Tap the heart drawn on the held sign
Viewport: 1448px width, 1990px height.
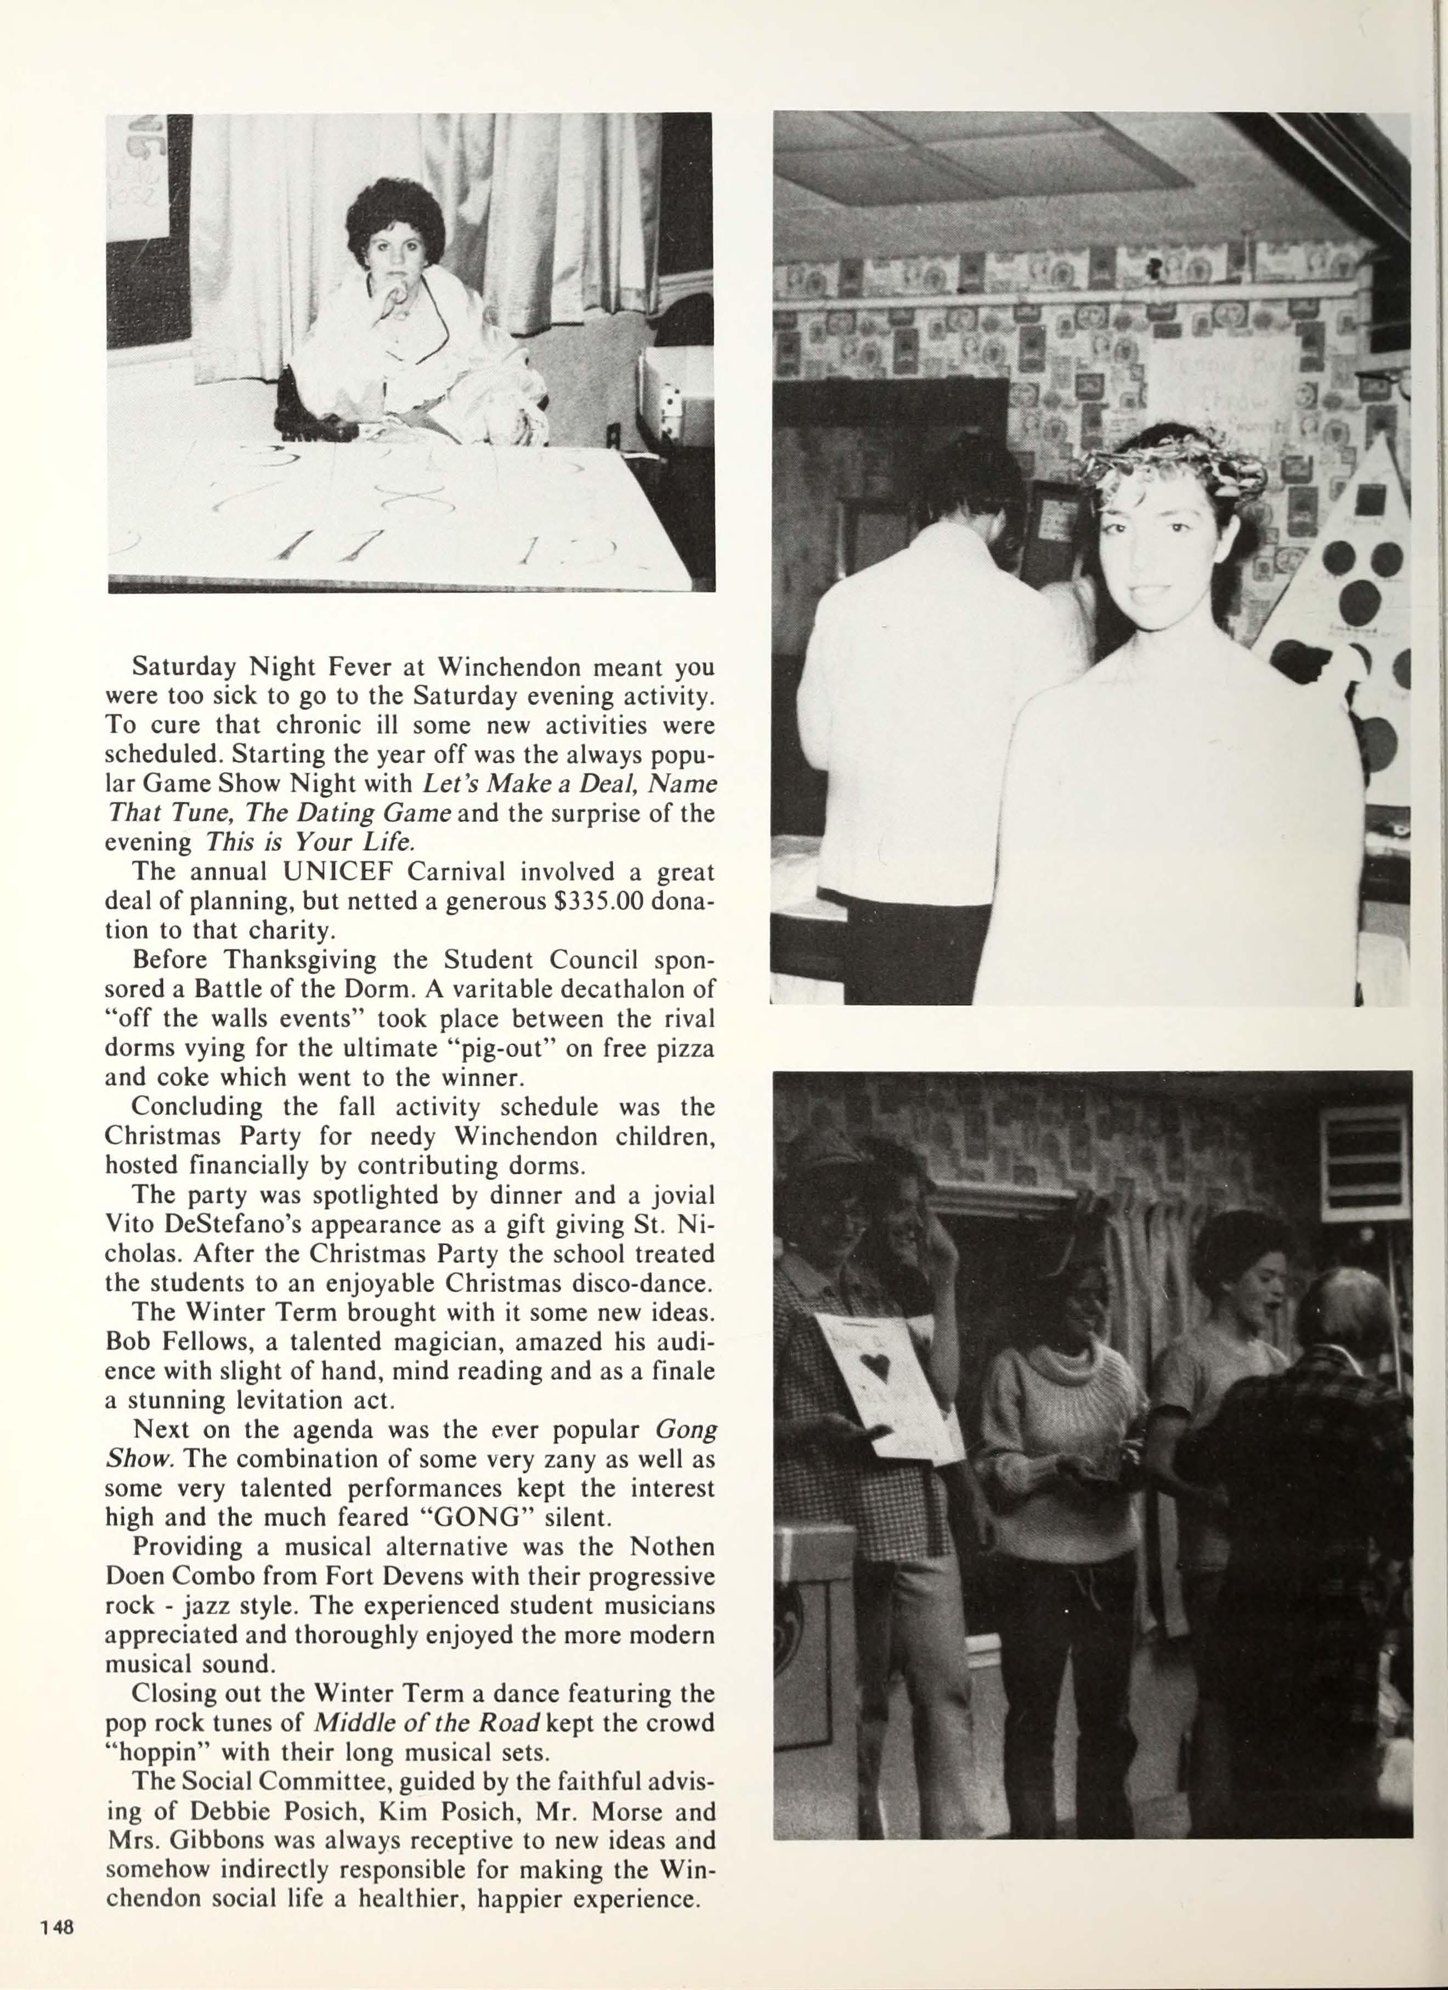pos(878,1365)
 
